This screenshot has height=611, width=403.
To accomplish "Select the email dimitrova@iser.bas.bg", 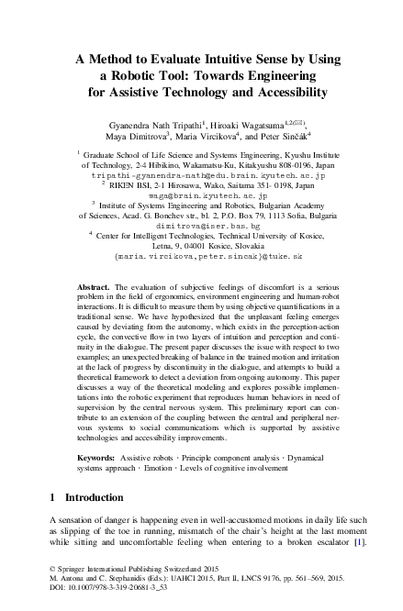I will [x=200, y=223].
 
